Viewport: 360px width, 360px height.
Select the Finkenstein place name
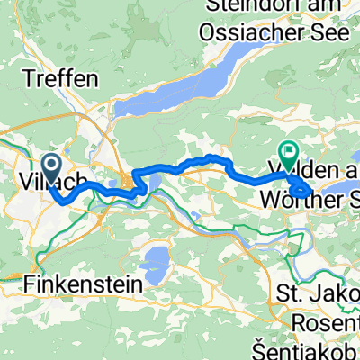coord(80,284)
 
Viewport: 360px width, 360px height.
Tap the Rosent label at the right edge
coord(331,322)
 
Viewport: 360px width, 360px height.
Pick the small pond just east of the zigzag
coord(154,187)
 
